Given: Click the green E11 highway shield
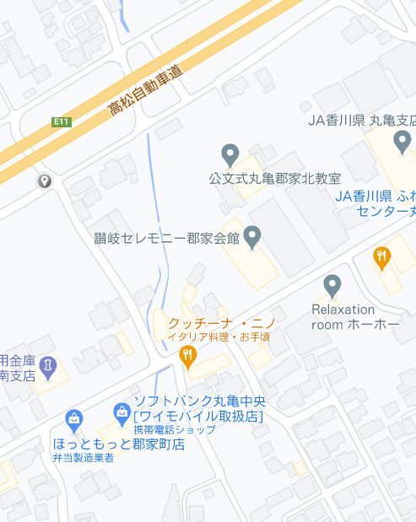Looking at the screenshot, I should point(61,122).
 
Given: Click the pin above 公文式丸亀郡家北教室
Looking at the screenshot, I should point(230,155).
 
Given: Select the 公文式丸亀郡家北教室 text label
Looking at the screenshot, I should point(275,179).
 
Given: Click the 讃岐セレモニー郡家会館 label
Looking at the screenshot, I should point(167,238).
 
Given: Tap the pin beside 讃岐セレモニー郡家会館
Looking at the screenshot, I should point(251,236).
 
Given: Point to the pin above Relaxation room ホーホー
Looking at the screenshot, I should point(332,285).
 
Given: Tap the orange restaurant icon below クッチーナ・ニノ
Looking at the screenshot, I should point(189,358).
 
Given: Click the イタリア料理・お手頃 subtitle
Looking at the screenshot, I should point(219,337).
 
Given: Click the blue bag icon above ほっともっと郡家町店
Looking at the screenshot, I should point(74,419).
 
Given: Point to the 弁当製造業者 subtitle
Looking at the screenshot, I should point(83,458).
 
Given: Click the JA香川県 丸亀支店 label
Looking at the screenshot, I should point(361,120).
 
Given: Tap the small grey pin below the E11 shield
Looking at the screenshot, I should point(44,181).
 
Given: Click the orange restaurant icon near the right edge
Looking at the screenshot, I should point(383,257).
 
